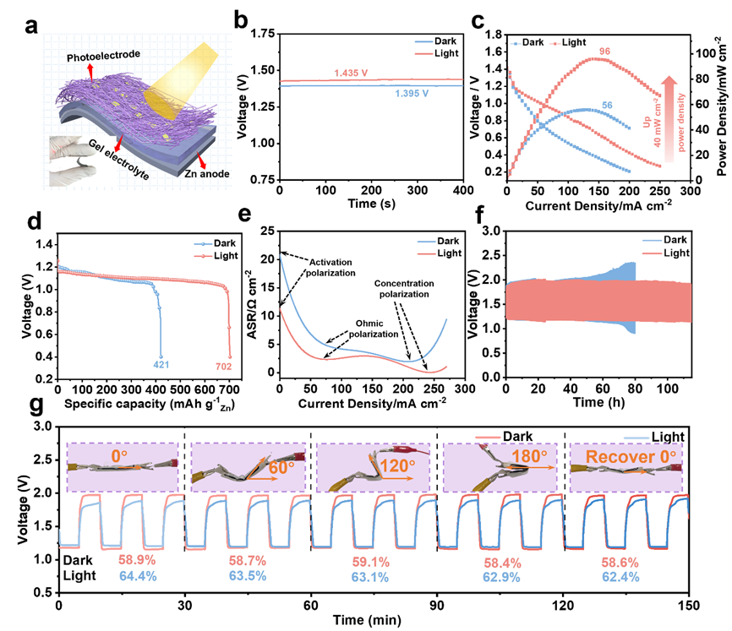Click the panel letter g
[36, 406]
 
